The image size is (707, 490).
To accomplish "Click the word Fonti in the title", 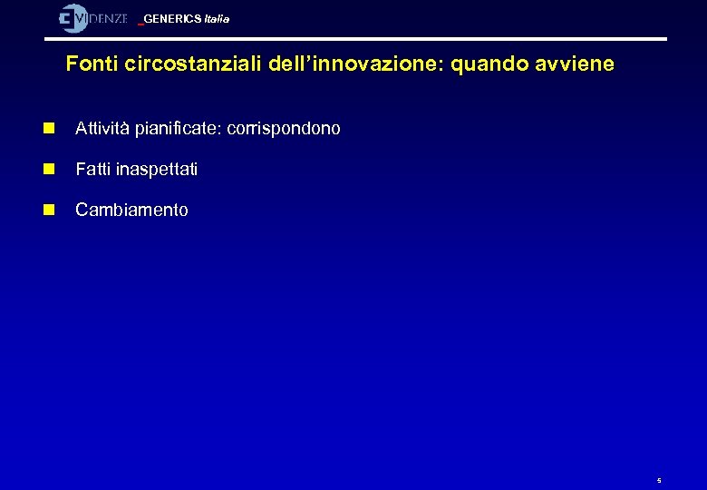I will point(88,65).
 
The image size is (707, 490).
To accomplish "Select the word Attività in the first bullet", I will point(102,129).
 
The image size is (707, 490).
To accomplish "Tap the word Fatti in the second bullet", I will point(92,170).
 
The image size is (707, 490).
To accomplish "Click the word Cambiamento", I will point(132,211).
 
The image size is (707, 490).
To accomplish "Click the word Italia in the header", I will point(216,19).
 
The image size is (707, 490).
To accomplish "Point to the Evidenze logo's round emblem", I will point(73,18).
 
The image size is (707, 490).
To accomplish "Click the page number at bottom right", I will point(659,480).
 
